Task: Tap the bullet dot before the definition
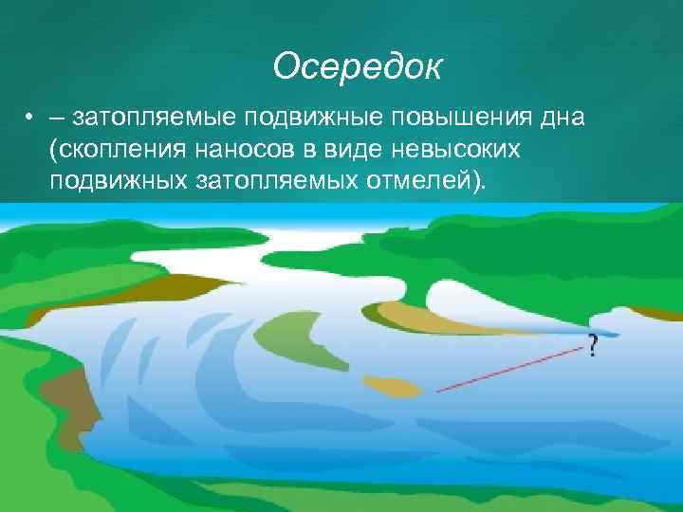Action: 31,119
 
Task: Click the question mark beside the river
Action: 593,346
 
